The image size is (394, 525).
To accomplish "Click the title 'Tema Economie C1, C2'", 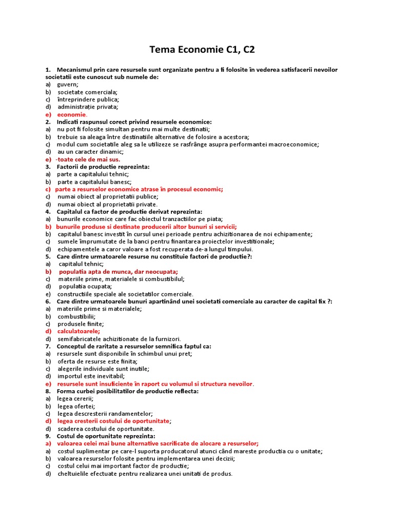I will (202, 50).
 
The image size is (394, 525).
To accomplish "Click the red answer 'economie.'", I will (72, 114).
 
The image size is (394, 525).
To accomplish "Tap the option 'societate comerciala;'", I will (87, 92).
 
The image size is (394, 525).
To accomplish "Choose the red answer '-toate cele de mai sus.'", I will (88, 159).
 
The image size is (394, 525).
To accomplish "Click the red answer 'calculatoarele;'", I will (78, 331).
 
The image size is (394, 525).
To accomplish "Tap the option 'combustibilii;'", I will (76, 316).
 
